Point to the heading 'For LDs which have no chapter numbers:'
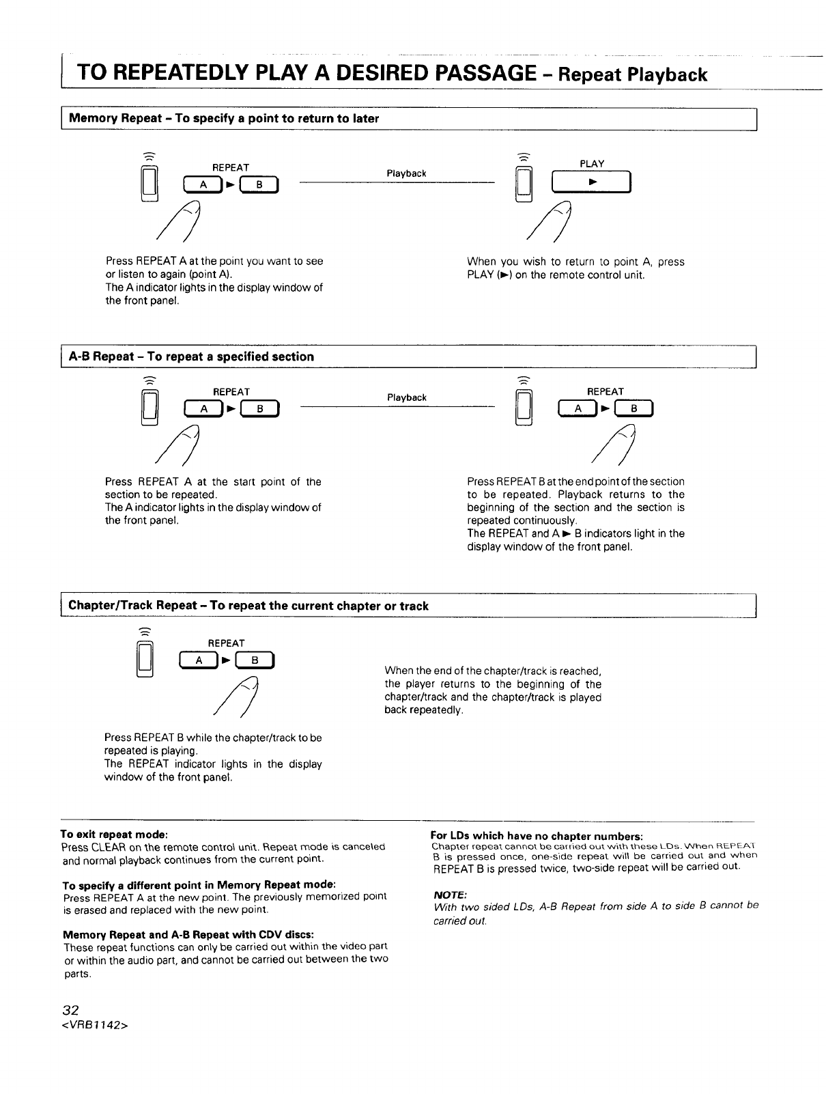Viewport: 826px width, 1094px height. [x=537, y=835]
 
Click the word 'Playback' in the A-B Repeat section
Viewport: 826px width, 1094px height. [x=406, y=397]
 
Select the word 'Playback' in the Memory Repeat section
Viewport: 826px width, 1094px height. [x=406, y=173]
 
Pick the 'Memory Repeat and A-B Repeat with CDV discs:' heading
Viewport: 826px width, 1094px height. [x=188, y=934]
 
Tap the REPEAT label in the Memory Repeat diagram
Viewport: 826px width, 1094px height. [x=231, y=167]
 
